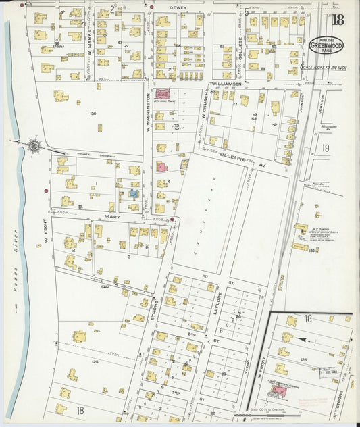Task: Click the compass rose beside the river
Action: (34, 144)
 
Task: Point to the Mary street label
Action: (111, 218)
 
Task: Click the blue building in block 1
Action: (134, 194)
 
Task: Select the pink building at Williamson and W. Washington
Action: (163, 94)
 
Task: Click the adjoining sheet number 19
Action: (326, 148)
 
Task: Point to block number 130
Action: (93, 114)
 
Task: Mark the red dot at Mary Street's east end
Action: (172, 219)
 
